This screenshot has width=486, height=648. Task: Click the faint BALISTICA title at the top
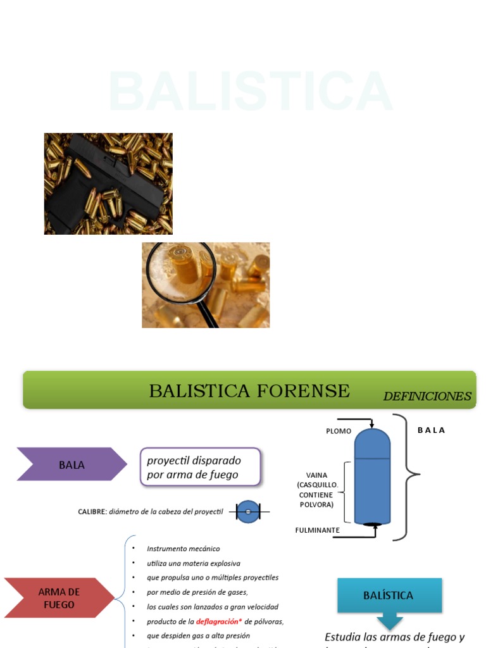(251, 92)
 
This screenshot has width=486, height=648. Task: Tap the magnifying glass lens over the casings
(181, 268)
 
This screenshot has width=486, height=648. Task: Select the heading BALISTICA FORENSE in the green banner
(249, 391)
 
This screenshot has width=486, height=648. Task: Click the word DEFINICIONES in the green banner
(427, 397)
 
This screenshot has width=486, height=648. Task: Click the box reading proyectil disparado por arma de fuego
(200, 467)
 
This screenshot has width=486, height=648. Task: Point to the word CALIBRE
(92, 511)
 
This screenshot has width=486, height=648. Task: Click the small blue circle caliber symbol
(248, 511)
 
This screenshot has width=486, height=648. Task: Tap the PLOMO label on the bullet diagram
(339, 431)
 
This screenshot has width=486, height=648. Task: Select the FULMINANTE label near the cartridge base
(318, 530)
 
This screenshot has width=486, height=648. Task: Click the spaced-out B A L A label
(431, 430)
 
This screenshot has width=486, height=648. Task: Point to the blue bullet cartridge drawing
(372, 475)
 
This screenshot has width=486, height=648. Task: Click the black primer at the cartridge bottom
(373, 523)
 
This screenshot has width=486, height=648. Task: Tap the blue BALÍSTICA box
(389, 595)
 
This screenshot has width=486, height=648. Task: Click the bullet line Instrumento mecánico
(184, 549)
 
